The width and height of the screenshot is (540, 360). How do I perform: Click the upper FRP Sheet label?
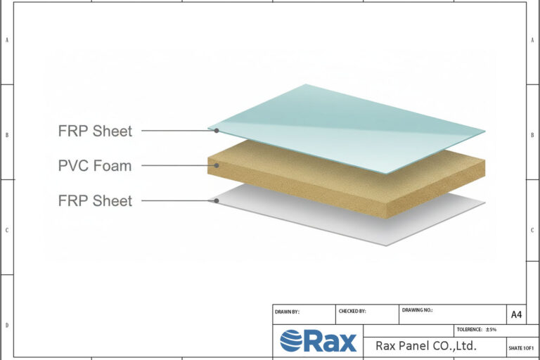95,131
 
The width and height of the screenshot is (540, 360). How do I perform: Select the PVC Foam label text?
95,166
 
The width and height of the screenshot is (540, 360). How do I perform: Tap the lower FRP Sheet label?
95,200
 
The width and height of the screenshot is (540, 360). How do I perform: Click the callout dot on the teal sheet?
217,131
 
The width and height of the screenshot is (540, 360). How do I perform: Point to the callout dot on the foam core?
217,165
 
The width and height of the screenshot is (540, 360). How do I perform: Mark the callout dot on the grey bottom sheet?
217,200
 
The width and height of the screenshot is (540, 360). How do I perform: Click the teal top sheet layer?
346,129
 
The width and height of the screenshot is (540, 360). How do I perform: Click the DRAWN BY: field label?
287,311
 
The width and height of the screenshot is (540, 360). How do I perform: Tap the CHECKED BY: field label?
352,311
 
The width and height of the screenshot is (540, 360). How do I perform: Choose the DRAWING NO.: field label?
417,310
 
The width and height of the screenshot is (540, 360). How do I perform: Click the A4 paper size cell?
516,314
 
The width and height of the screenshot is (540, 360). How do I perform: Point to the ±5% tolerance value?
491,330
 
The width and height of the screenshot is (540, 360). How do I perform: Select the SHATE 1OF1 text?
521,348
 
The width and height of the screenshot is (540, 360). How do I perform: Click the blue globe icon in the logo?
291,341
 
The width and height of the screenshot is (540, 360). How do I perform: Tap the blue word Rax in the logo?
330,341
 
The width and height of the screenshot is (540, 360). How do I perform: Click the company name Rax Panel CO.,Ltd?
426,345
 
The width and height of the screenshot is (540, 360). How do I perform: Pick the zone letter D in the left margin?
7,326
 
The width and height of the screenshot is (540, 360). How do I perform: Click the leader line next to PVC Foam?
178,165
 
